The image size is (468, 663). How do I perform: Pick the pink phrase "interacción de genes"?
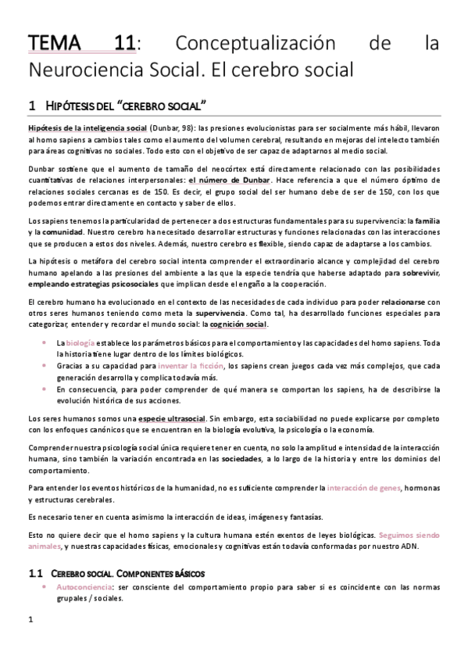pyautogui.click(x=363, y=489)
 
